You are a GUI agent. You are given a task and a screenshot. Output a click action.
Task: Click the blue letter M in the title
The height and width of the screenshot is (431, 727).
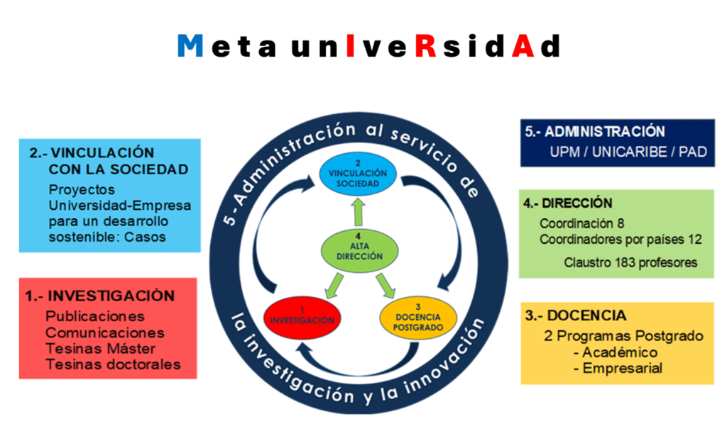pyautogui.click(x=191, y=46)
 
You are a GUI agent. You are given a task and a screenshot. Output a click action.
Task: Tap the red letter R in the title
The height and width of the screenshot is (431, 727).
pyautogui.click(x=425, y=46)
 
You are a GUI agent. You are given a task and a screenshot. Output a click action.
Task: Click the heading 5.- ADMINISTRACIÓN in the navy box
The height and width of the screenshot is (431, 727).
pyautogui.click(x=595, y=132)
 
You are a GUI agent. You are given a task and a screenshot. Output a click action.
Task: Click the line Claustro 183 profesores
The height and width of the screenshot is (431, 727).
pyautogui.click(x=630, y=262)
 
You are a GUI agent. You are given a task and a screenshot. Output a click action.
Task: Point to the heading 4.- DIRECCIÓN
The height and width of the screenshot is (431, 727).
pyautogui.click(x=568, y=203)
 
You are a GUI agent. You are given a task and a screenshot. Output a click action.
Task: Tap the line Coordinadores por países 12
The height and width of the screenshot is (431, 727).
pyautogui.click(x=620, y=240)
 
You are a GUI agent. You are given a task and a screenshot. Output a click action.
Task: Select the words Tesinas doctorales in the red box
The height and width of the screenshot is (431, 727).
pyautogui.click(x=113, y=364)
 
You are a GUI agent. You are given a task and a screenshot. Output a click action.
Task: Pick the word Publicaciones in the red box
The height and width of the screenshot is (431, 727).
pyautogui.click(x=94, y=316)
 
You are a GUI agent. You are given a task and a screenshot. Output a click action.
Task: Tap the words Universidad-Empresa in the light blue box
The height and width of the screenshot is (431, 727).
pyautogui.click(x=120, y=206)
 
